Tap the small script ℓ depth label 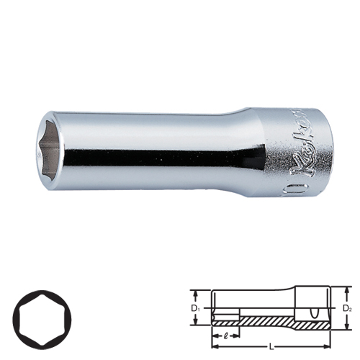[228, 336]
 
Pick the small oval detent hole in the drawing [315, 312]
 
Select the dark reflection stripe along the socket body [158, 156]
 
